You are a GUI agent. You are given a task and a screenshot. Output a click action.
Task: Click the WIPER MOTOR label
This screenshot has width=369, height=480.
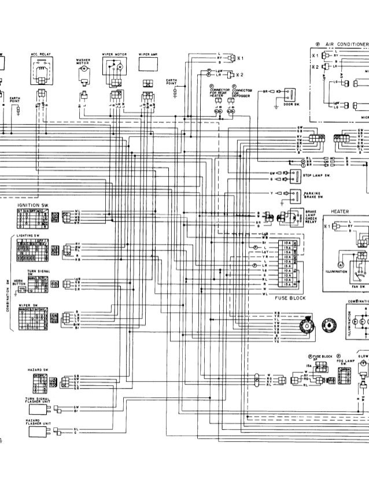click(x=113, y=55)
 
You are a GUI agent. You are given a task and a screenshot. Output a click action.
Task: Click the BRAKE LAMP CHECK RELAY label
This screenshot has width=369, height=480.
click(x=311, y=217)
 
